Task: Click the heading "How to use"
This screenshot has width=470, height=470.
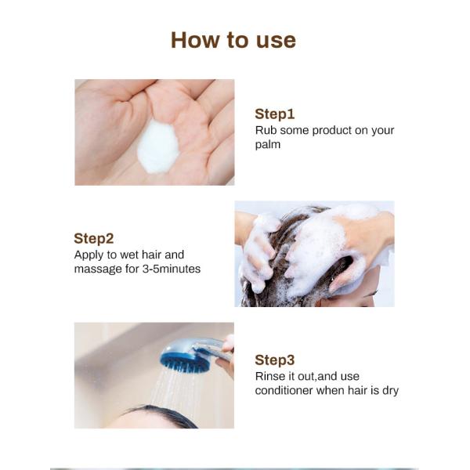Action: coord(233,40)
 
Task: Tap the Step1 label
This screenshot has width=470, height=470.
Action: coord(274,114)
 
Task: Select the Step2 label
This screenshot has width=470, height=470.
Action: coord(94,238)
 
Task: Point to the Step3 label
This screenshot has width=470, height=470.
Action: coord(275,360)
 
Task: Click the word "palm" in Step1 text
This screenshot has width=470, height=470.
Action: coord(268,144)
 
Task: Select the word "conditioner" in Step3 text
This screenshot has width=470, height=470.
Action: coord(284,390)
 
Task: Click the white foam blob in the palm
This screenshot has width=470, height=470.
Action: coord(158,146)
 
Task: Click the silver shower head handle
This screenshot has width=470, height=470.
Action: coord(216,349)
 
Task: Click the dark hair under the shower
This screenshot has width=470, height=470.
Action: coord(161,417)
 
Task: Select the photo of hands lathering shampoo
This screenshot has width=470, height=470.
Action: coord(314,254)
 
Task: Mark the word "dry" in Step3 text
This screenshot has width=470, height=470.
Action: coord(389,390)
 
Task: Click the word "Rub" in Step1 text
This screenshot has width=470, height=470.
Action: coord(266,130)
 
